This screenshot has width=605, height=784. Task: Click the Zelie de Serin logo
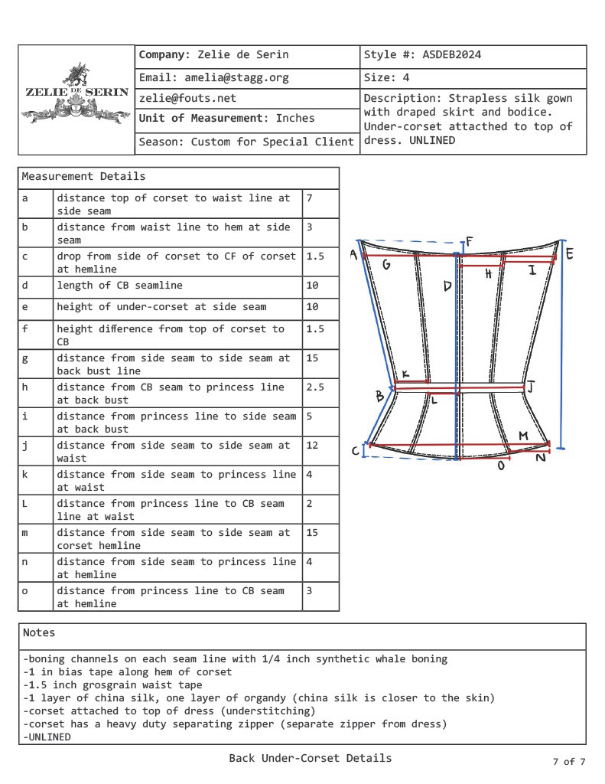[76, 96]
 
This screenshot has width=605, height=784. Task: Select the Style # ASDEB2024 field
[422, 56]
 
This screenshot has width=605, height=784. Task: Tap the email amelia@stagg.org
[213, 78]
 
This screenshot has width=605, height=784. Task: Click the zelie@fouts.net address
[187, 99]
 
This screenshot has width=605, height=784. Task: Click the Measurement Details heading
[83, 177]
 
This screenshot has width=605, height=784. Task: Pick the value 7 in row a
[310, 198]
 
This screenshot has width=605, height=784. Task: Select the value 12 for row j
[313, 446]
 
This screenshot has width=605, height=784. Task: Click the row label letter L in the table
[25, 504]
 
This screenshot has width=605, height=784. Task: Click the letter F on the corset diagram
[469, 243]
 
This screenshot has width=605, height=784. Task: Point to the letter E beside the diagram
[569, 253]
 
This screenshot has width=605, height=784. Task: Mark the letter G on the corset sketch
[386, 265]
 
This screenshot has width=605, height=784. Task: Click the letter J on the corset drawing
[530, 387]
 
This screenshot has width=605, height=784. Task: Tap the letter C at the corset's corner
[356, 451]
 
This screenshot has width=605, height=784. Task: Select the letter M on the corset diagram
[523, 436]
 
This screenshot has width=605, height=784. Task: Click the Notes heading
[39, 633]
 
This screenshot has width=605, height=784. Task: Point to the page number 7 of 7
[568, 762]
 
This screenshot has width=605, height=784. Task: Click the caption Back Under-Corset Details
[310, 759]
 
